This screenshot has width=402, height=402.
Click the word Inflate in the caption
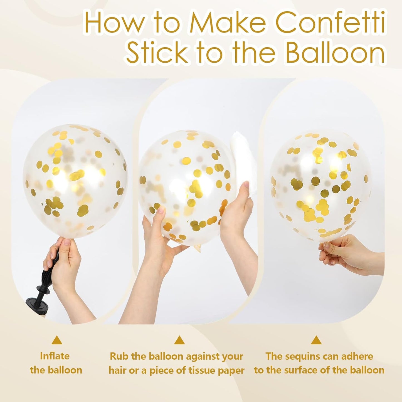tap(55, 356)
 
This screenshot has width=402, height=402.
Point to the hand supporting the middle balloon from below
tap(161, 236)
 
